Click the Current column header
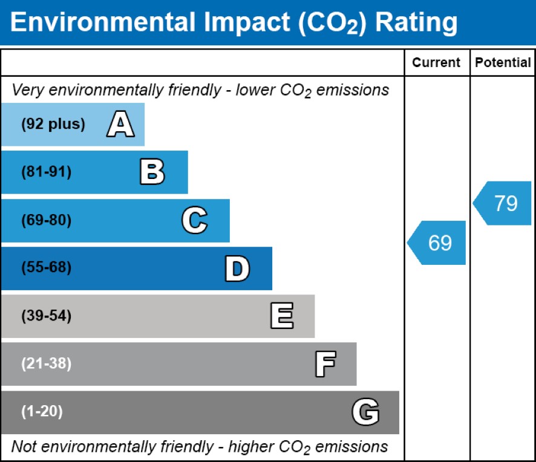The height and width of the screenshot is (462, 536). click(x=436, y=63)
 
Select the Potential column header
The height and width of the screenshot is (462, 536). click(x=503, y=63)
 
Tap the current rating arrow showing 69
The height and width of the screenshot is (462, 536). click(x=438, y=242)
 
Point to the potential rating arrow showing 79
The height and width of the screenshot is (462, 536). click(x=503, y=203)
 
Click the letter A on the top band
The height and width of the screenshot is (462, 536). click(x=120, y=125)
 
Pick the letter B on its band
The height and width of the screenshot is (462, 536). click(x=152, y=172)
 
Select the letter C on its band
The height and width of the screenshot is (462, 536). click(x=195, y=221)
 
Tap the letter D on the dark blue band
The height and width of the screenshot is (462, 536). click(x=237, y=268)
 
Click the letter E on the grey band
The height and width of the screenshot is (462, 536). click(x=282, y=316)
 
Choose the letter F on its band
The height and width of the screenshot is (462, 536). click(x=325, y=364)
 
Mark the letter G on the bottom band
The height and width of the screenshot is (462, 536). click(x=365, y=412)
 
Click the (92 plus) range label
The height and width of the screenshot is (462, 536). click(x=53, y=125)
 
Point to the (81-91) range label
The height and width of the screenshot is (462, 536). click(x=47, y=172)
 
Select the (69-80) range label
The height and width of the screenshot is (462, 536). click(x=47, y=221)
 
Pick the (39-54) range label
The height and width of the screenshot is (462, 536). click(x=47, y=316)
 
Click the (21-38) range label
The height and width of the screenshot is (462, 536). click(x=47, y=364)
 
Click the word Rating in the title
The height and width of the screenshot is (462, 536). click(x=416, y=23)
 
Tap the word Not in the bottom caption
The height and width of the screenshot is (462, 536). click(x=24, y=447)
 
